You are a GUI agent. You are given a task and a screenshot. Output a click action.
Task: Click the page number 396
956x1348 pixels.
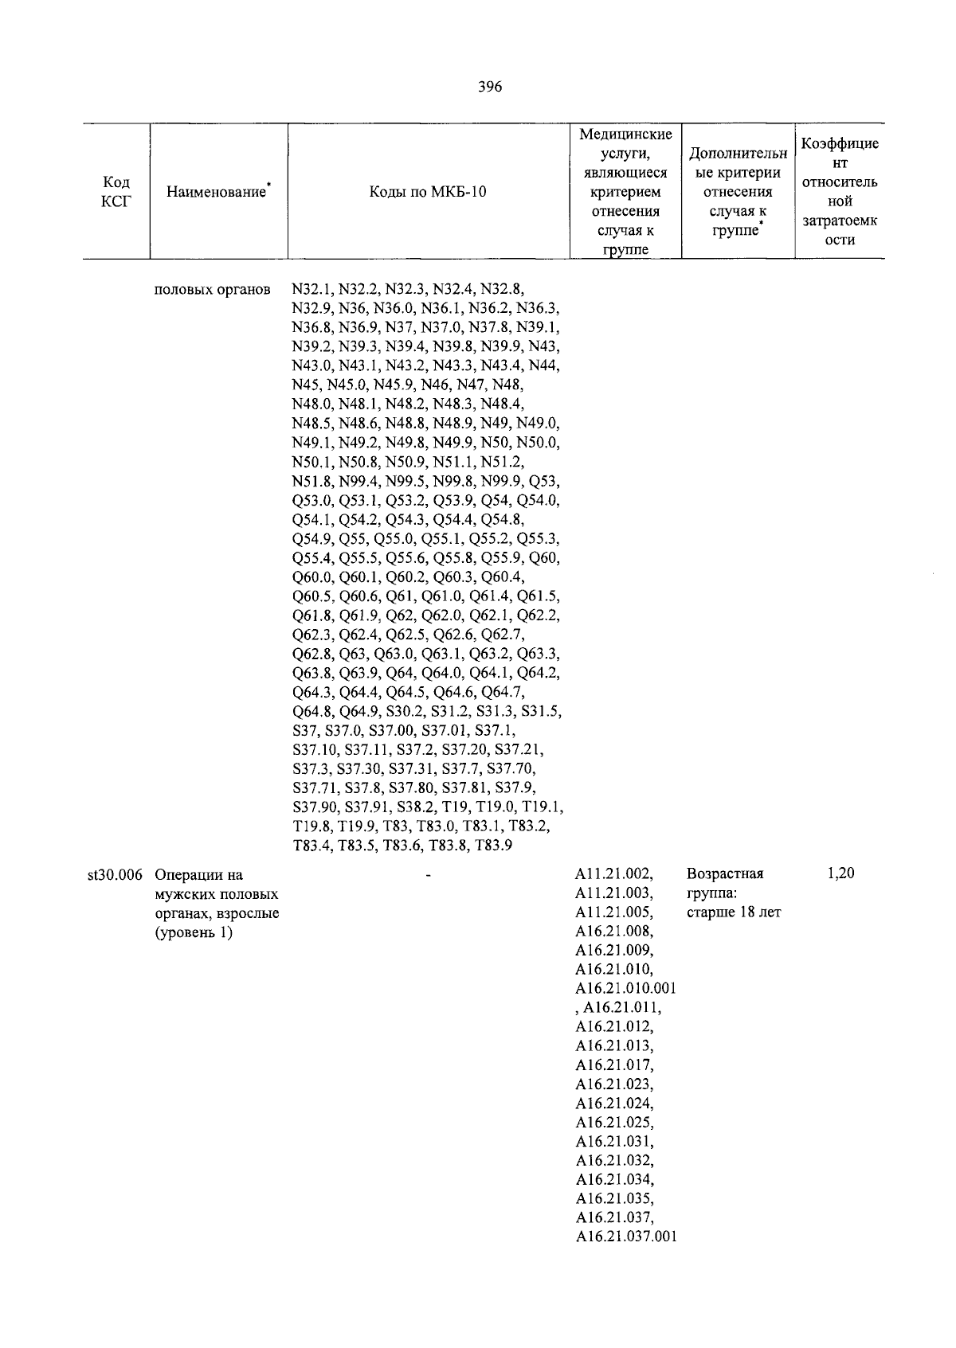(490, 88)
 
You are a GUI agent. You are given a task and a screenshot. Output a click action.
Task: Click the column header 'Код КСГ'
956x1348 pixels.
(116, 192)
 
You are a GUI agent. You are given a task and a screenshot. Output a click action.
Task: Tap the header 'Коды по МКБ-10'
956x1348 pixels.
(428, 192)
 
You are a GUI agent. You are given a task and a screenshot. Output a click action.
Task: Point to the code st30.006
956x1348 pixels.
(115, 874)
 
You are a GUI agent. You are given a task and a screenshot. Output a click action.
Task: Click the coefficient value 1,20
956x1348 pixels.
(840, 873)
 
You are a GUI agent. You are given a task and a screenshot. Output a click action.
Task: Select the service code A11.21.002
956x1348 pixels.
(614, 874)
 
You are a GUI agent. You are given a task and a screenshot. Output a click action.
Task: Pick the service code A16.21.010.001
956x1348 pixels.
(625, 989)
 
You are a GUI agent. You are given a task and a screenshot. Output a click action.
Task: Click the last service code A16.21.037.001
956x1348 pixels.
(625, 1237)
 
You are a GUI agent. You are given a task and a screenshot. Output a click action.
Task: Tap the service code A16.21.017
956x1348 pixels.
(614, 1065)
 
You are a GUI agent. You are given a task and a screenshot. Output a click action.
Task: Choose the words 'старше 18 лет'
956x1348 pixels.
(734, 912)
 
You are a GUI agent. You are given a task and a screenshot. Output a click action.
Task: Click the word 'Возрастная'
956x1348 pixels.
(725, 874)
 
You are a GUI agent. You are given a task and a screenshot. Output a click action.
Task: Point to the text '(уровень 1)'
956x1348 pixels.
(194, 932)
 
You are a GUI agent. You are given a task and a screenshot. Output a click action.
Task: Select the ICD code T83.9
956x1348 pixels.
(492, 846)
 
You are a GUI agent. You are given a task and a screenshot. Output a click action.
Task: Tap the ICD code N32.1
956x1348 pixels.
(312, 288)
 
